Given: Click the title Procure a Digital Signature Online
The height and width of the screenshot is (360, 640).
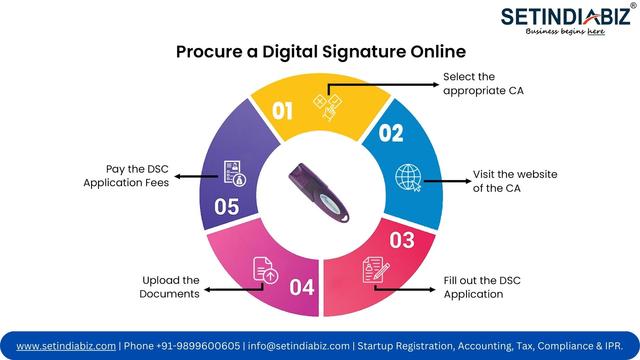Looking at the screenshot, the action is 321,52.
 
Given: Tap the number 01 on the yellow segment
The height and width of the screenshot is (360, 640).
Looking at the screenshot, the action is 282,111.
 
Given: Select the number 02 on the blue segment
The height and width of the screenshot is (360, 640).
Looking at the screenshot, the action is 391,133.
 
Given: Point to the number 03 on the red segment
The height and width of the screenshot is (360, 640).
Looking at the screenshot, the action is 402,240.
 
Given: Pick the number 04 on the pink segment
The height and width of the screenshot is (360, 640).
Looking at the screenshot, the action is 302,287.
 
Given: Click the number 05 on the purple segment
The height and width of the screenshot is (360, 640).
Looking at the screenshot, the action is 227,207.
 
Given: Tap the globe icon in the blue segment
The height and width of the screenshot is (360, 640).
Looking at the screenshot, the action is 408,178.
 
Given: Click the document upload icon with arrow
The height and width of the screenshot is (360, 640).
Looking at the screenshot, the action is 265,270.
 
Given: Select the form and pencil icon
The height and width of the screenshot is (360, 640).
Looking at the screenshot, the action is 376,269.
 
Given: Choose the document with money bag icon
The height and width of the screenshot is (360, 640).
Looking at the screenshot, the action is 235,173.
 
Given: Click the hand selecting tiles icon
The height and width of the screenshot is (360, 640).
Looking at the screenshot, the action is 328,107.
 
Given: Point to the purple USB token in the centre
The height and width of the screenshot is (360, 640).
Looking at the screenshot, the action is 319,193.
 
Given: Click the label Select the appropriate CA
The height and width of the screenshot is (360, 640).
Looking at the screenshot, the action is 483,84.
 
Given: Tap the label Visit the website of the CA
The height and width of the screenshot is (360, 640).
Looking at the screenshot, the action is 515,181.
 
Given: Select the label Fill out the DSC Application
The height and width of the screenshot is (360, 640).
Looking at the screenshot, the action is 482,287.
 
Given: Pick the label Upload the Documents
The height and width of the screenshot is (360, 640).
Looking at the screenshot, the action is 169,287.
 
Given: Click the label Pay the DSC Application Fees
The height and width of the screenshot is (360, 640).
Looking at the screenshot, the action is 126,176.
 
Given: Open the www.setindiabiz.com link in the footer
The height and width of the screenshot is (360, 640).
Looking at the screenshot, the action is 66,346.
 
